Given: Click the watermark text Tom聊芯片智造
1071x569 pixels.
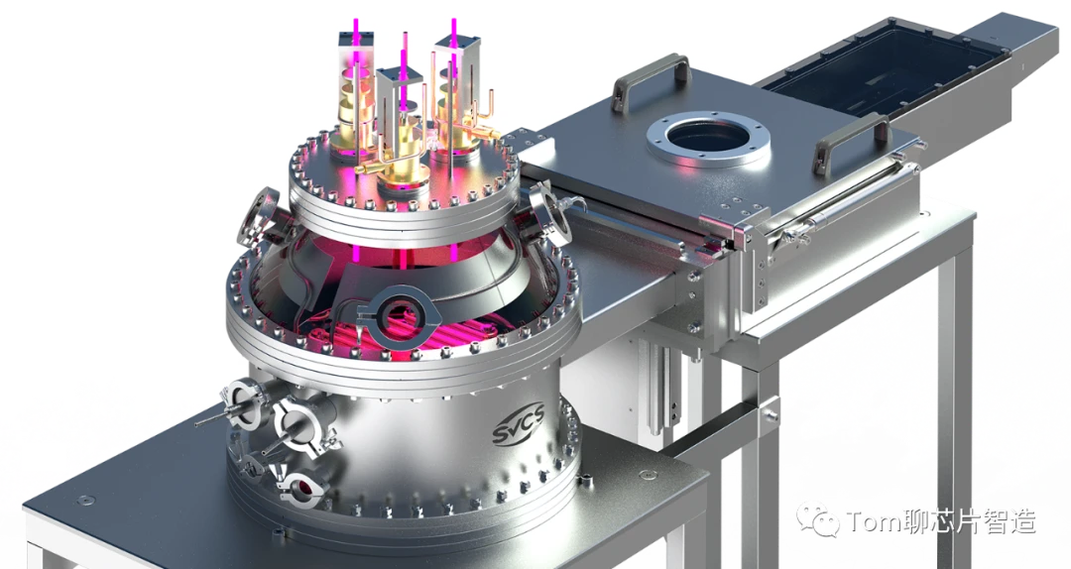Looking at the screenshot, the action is click(940, 521).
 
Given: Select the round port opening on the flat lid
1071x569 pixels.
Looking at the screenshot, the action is click(708, 140).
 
